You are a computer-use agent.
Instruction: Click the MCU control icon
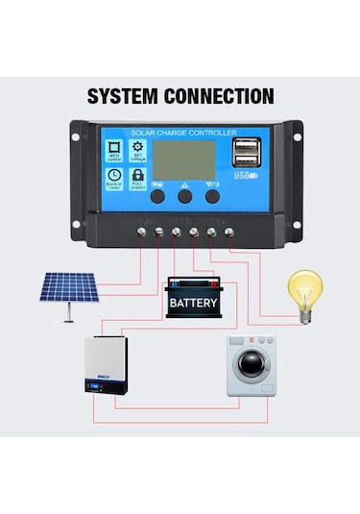pos(114,151)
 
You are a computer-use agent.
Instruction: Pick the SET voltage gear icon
pos(137,151)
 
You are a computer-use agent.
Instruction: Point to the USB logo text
pos(244,178)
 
